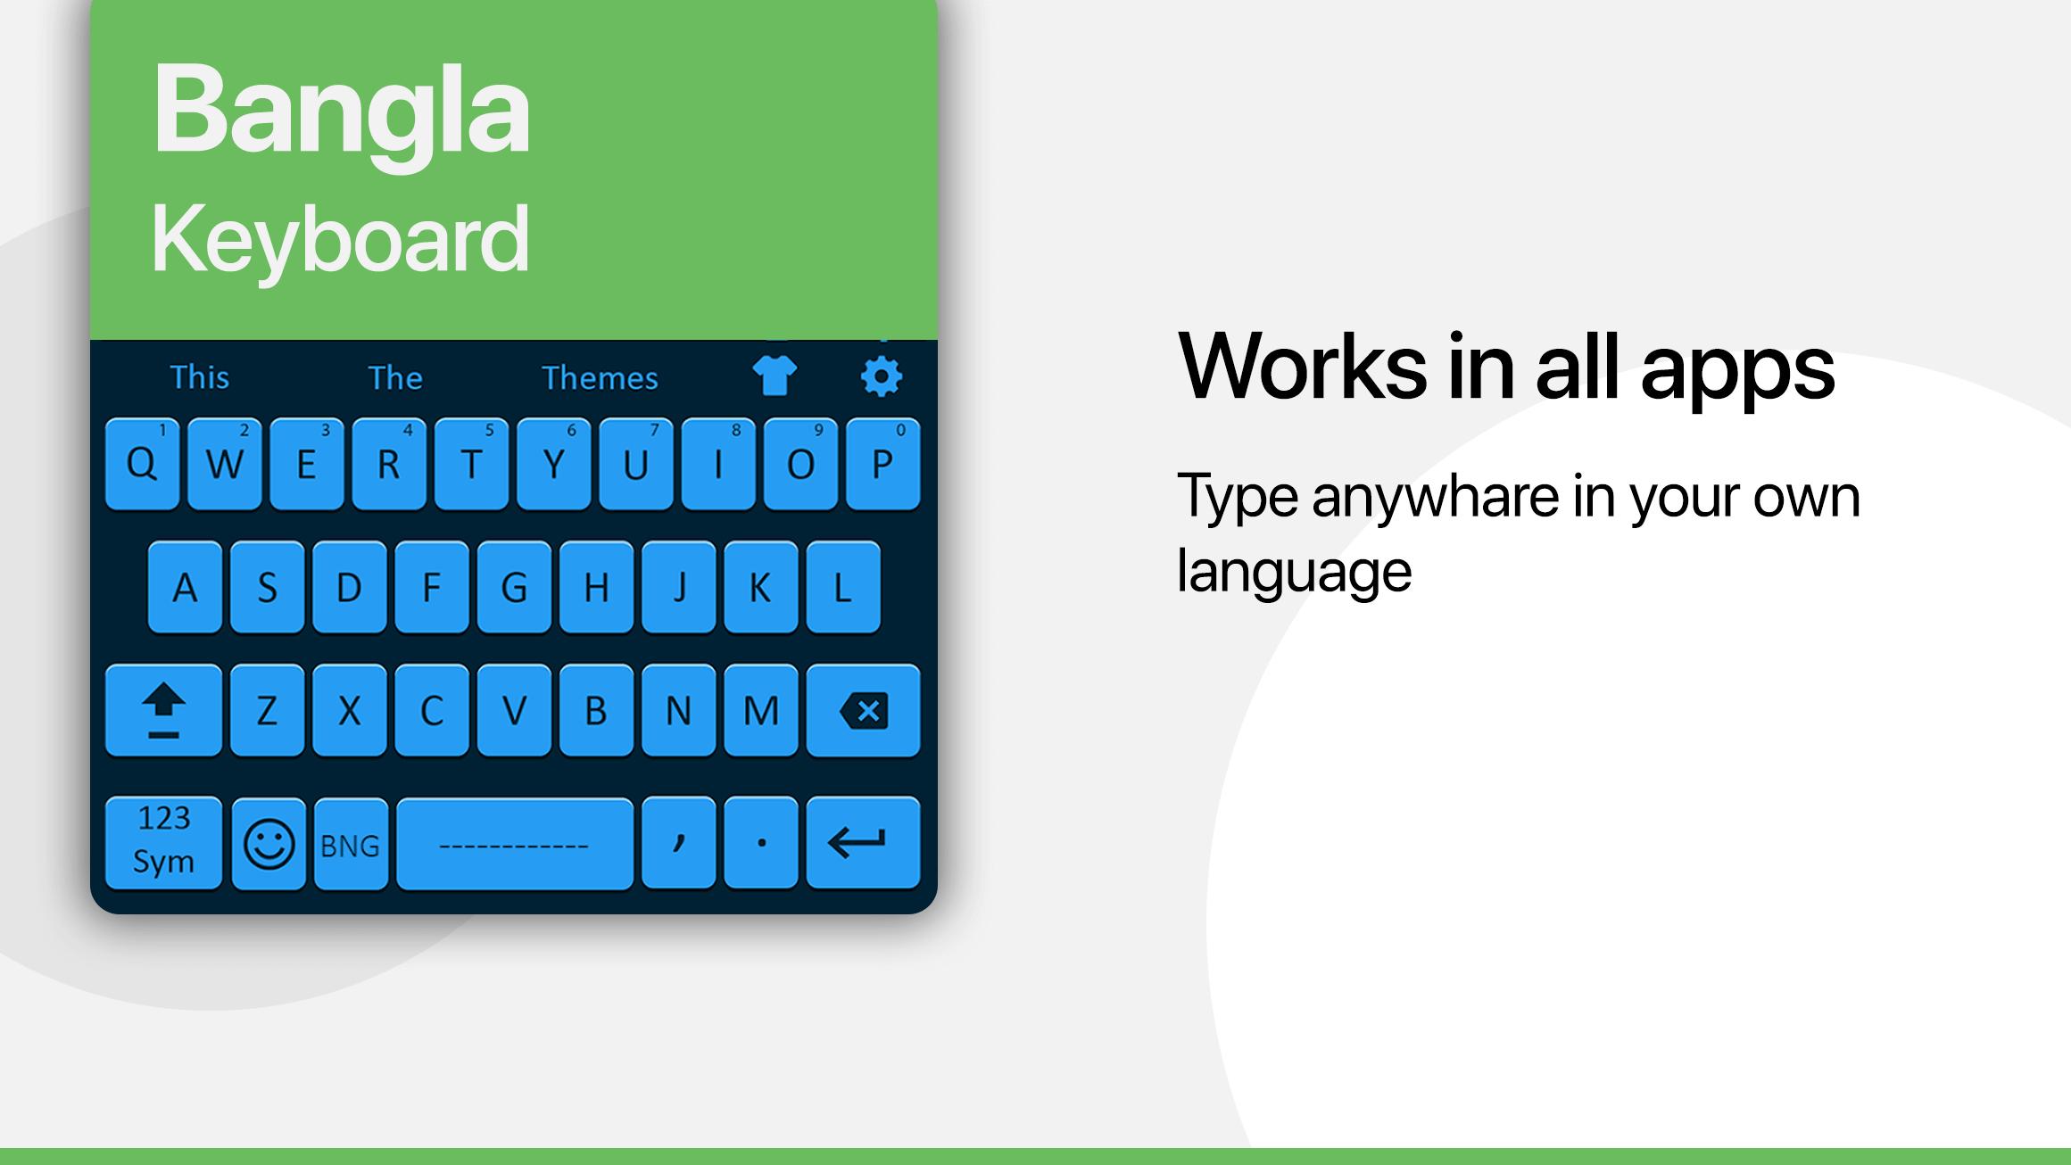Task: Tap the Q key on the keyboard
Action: pyautogui.click(x=142, y=464)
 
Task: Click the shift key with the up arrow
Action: pyautogui.click(x=163, y=711)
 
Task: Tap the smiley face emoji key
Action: pyautogui.click(x=269, y=844)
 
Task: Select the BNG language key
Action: pyautogui.click(x=351, y=844)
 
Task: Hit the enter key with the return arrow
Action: pyautogui.click(x=863, y=843)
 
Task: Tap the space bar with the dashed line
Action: pyautogui.click(x=515, y=844)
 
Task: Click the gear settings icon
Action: pyautogui.click(x=882, y=376)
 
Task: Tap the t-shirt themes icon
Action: pyautogui.click(x=775, y=376)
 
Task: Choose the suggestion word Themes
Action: pyautogui.click(x=600, y=378)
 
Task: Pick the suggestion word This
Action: pyautogui.click(x=200, y=377)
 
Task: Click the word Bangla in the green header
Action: pyautogui.click(x=342, y=111)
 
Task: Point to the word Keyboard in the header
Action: pyautogui.click(x=340, y=239)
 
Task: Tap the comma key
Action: pyautogui.click(x=679, y=843)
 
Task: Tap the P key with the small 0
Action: pyautogui.click(x=882, y=464)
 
